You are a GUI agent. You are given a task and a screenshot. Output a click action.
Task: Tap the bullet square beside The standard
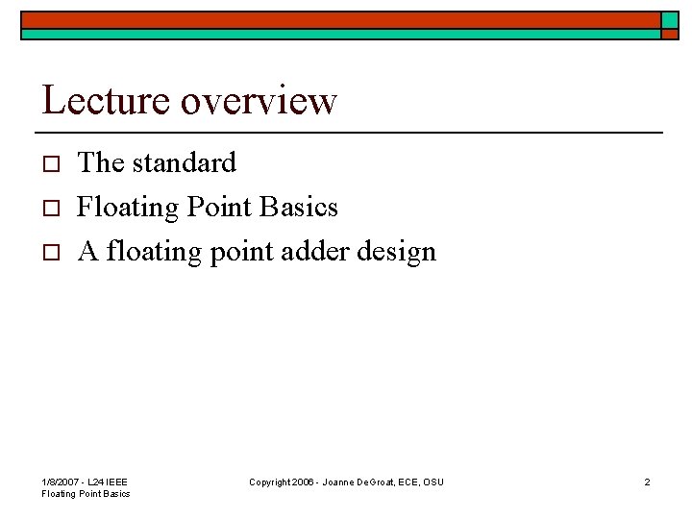coord(54,164)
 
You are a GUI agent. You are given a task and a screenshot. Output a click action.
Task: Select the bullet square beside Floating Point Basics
coord(54,209)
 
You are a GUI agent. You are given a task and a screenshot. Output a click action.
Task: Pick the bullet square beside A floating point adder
coord(54,253)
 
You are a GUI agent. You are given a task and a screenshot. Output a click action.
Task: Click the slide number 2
coord(647,482)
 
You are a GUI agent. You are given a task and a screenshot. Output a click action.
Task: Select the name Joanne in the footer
coord(350,482)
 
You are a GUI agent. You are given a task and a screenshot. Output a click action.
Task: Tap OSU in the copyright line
coord(433,482)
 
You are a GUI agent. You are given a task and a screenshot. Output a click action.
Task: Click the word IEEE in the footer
coord(116,482)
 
